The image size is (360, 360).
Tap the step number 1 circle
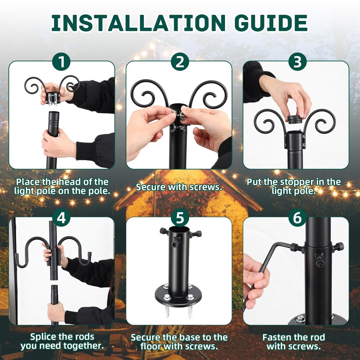[x=62, y=62]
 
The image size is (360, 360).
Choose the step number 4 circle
[x=62, y=218]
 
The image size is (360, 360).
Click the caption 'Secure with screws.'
[x=179, y=187]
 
